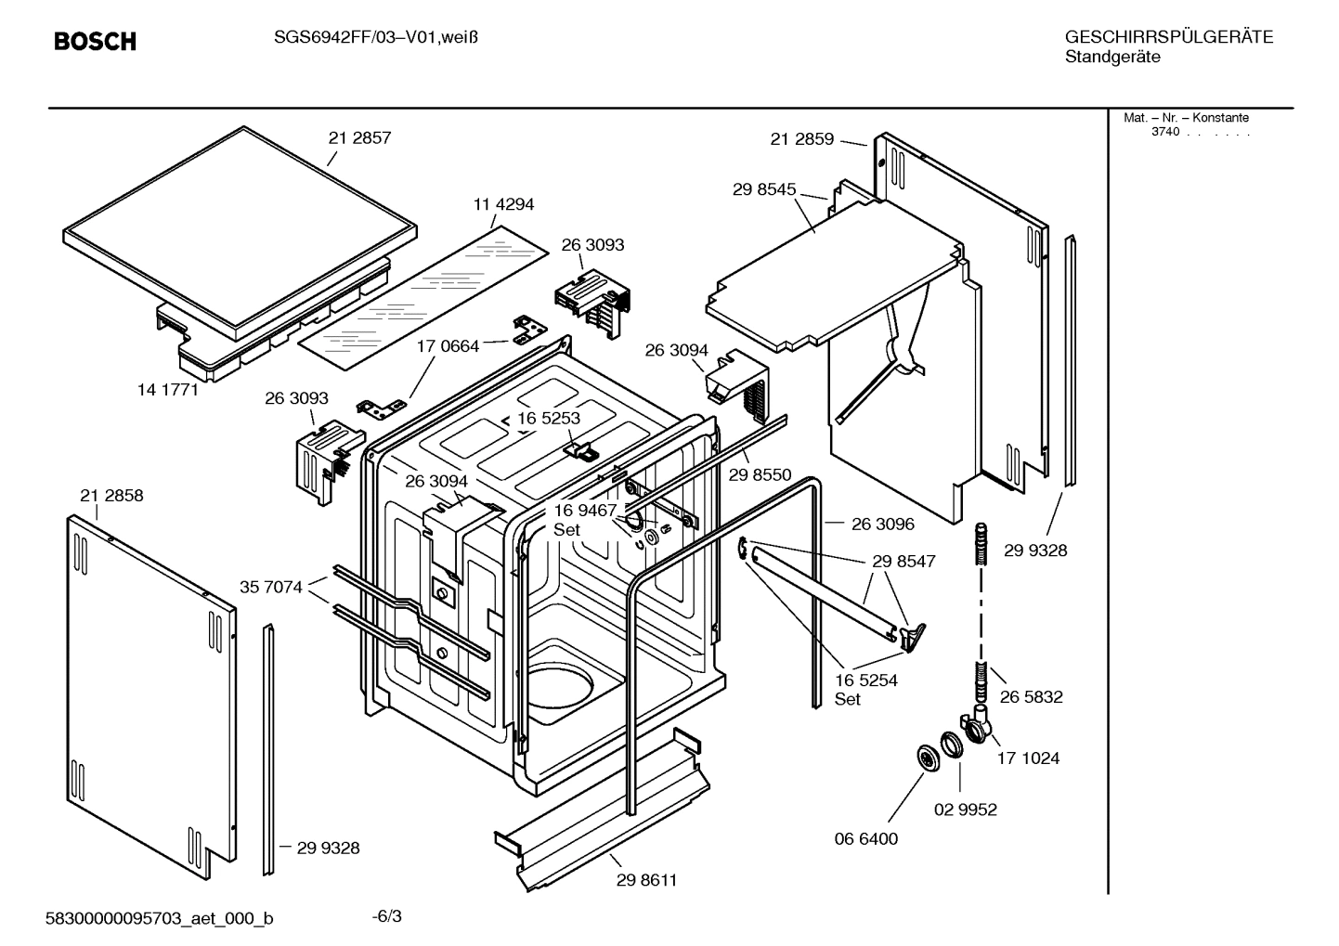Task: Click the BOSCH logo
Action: tap(95, 41)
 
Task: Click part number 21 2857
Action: tap(359, 137)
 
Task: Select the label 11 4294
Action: tap(503, 204)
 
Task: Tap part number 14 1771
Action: tap(168, 390)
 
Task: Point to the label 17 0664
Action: tap(448, 346)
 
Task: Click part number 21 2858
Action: tap(111, 496)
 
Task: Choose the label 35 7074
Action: tap(271, 587)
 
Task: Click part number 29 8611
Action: tap(646, 880)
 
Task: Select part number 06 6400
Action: tap(866, 839)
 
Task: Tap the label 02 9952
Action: tap(965, 810)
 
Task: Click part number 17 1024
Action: tap(1028, 758)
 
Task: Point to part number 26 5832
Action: tap(1031, 696)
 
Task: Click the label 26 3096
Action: tap(882, 524)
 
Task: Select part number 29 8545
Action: tap(764, 189)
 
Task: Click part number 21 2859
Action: tap(801, 139)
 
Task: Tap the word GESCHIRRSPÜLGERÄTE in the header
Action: tap(1168, 37)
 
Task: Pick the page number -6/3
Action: tap(386, 917)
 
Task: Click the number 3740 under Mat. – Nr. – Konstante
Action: tap(1164, 132)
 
